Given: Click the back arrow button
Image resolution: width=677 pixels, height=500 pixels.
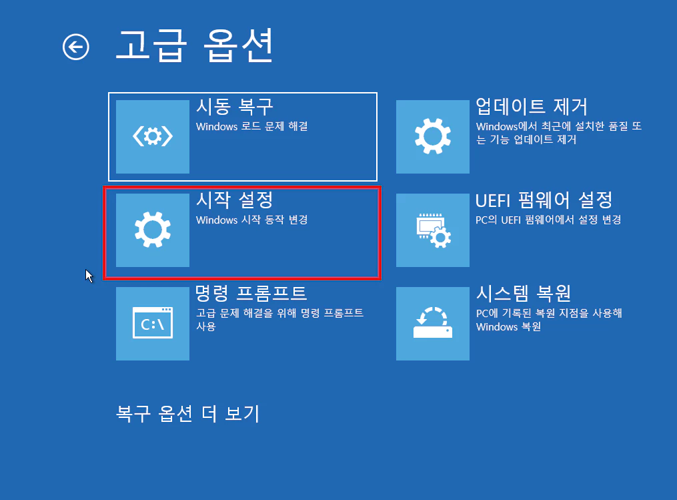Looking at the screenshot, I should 76,47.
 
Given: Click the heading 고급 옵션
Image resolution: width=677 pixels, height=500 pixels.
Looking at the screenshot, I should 194,45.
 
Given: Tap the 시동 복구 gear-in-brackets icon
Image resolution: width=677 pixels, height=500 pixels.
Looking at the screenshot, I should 153,137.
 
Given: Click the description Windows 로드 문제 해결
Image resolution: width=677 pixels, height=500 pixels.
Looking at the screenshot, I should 251,126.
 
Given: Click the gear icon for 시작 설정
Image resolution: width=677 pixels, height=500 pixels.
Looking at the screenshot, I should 153,230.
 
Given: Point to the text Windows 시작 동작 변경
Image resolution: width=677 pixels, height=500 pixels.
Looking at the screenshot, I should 251,220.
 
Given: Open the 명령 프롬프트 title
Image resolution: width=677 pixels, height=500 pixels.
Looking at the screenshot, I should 251,293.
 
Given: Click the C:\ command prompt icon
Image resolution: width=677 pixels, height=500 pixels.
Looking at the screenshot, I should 153,324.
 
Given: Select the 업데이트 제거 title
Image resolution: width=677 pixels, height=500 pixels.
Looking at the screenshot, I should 531,107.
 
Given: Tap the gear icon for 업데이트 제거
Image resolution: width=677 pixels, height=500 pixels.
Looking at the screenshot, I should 433,137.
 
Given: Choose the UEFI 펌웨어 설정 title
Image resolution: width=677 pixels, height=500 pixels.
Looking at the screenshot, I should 544,200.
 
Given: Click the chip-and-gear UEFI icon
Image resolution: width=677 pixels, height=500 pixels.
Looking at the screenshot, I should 433,230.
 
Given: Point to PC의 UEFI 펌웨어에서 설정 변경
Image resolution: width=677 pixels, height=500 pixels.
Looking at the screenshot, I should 548,220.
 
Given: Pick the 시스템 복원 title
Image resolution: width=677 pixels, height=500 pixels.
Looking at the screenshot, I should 524,293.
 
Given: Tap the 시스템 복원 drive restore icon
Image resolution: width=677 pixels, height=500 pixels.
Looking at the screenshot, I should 433,324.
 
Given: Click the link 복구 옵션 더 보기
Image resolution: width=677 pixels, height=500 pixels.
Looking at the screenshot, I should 187,414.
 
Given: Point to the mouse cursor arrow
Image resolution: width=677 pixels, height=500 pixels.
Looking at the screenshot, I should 89,274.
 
